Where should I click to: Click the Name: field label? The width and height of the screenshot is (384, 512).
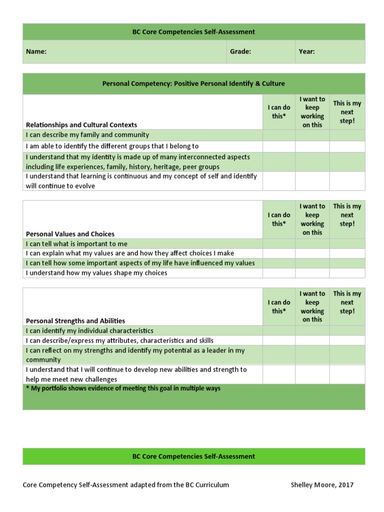coord(36,51)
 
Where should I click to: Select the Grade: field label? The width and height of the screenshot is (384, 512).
coord(240,51)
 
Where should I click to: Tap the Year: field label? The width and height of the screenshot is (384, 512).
coord(306,51)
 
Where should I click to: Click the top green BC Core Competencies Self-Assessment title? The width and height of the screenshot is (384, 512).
coord(193,32)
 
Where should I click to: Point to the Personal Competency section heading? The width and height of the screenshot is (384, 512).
coord(193,84)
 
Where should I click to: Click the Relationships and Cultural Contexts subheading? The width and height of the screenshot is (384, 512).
coord(81,124)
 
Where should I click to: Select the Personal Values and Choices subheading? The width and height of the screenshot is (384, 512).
coord(70,233)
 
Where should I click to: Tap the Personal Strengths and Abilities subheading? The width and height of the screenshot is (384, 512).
coord(75,320)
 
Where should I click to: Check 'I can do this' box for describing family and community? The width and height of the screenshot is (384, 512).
coord(278,135)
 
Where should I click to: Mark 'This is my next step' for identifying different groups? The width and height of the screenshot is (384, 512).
coord(347,146)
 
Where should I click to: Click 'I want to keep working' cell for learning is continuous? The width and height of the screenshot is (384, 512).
coord(312,181)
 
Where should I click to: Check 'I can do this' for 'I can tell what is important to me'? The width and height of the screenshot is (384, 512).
coord(278,244)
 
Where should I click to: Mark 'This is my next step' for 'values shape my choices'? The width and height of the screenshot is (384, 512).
coord(347,273)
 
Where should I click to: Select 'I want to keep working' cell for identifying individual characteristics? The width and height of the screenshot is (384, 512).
coord(312,331)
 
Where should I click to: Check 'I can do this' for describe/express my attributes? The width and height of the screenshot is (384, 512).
coord(278,340)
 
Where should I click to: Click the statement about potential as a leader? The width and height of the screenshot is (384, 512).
coord(135,355)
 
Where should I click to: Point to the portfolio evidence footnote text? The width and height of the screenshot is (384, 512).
coord(123,388)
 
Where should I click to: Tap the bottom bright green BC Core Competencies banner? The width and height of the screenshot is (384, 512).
coord(193,456)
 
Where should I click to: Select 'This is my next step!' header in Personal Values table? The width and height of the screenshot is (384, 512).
coord(347,215)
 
